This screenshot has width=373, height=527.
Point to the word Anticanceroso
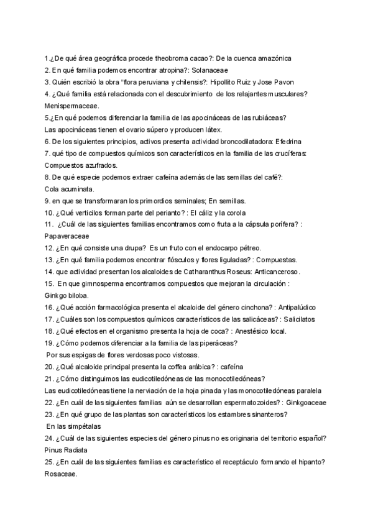tap(275, 272)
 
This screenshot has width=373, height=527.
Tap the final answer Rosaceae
tap(61, 474)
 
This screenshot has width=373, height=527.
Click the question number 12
tap(49, 248)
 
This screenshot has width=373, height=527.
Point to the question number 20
tap(49, 367)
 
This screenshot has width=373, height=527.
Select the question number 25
tap(49, 462)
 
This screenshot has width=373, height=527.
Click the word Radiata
tap(76, 449)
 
